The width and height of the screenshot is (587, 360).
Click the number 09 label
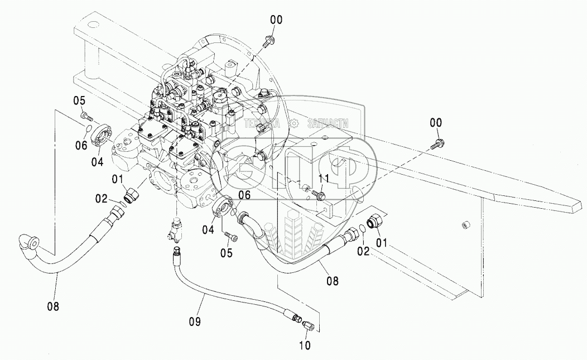coord(195,321)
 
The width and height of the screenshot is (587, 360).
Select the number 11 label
coord(324,178)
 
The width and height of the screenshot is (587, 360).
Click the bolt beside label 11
coord(319,195)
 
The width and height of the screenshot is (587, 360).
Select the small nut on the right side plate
coord(463,224)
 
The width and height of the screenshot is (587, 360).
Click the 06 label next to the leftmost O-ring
coord(81,146)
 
